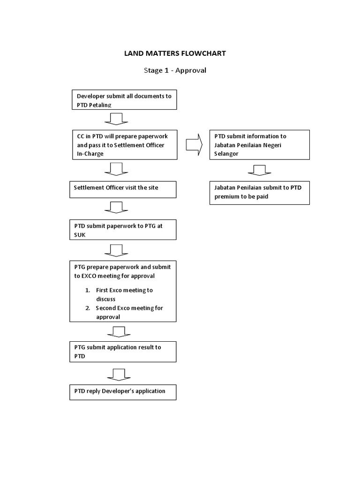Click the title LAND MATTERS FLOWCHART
pos(174,53)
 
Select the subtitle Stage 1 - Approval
pos(174,70)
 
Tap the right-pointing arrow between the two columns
pos(194,144)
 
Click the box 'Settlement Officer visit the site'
pos(123,189)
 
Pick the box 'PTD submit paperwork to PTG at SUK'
pos(123,229)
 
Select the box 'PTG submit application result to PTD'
pos(123,351)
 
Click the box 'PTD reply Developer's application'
pos(123,391)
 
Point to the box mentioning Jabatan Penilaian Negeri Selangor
pos(259,145)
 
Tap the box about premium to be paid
pos(259,193)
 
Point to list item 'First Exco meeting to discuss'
pos(124,294)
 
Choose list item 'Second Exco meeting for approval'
pos(128,312)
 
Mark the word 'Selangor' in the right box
pos(227,154)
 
